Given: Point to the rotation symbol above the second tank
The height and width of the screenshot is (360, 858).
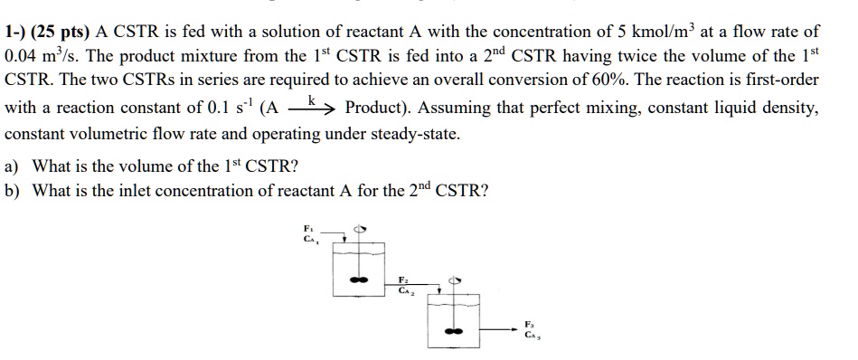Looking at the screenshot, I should [x=457, y=281].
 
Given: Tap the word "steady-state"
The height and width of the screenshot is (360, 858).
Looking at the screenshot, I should [x=416, y=134].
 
